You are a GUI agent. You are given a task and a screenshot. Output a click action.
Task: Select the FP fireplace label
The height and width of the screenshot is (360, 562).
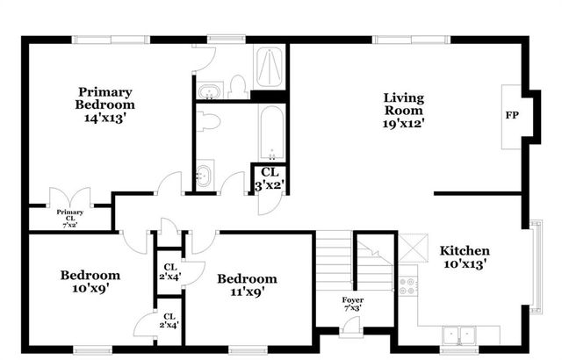click(x=511, y=115)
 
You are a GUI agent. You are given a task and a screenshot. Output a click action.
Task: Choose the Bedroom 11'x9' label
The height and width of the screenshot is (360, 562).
click(x=247, y=285)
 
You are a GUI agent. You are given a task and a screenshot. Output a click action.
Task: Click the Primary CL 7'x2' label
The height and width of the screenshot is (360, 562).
click(x=69, y=218)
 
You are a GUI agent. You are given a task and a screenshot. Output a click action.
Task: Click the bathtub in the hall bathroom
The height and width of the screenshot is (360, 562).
click(x=270, y=132)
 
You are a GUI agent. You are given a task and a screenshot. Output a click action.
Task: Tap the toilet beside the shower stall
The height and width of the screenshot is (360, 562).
click(x=237, y=86)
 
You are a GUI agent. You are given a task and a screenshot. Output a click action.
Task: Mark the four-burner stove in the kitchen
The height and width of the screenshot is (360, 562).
click(x=407, y=284)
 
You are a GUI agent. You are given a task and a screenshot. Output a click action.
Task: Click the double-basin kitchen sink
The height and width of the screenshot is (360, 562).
click(x=459, y=334)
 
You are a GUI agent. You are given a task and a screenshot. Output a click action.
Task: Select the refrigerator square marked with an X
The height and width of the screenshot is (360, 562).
click(x=411, y=245)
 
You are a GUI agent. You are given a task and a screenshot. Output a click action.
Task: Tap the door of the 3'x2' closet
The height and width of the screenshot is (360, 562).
click(x=263, y=202)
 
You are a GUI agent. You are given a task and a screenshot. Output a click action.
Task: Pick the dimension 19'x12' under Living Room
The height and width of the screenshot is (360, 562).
click(x=403, y=126)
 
